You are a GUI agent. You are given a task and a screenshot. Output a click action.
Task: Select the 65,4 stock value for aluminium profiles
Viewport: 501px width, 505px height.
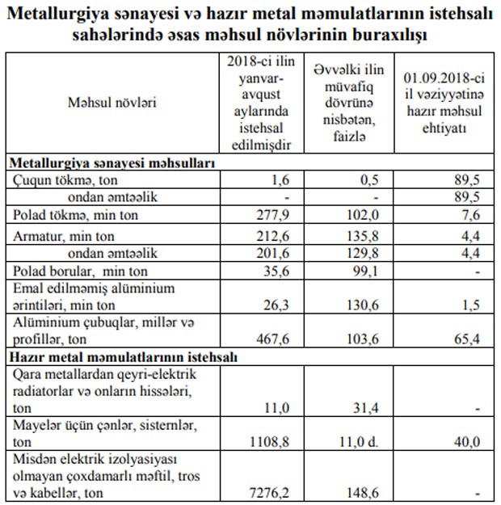pos(468,339)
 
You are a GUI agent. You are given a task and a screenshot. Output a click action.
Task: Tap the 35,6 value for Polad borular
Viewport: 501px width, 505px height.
pos(275,271)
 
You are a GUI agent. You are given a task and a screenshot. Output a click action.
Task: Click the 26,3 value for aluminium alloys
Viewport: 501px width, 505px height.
pos(275,305)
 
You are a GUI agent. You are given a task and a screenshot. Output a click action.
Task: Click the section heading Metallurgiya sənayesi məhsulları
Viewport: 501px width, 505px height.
pos(112,162)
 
